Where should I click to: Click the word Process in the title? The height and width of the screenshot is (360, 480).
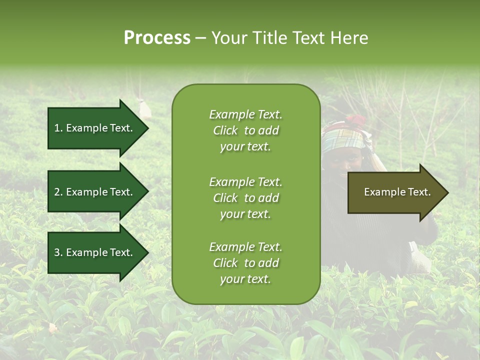[157, 38]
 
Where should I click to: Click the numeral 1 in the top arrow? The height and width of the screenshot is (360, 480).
[56, 128]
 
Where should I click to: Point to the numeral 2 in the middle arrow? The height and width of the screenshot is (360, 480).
[57, 192]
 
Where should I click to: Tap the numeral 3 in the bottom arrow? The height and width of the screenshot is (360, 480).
[57, 252]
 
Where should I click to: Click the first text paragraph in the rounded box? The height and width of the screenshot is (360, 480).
[245, 130]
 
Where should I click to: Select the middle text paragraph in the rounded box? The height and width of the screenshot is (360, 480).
[245, 197]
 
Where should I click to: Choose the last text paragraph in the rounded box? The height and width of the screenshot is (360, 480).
[245, 263]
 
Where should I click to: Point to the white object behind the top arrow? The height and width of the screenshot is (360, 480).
[145, 108]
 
